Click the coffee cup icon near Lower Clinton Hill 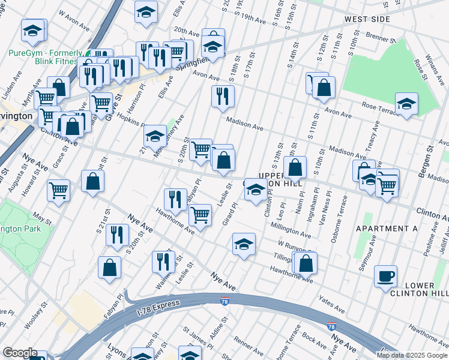386,277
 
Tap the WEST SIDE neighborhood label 367,20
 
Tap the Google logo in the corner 20,353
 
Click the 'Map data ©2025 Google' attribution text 412,355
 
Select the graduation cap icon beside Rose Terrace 406,104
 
